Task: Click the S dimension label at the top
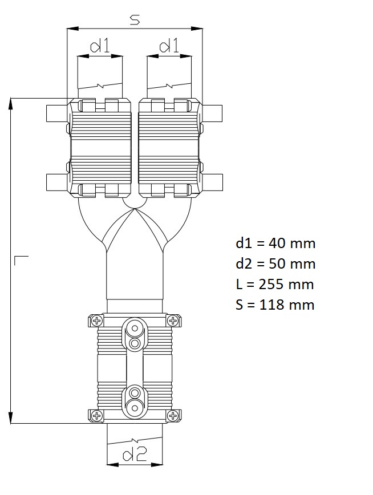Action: [135, 20]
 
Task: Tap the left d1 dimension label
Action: [100, 46]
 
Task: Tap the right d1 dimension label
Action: [169, 46]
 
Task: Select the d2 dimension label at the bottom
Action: [135, 455]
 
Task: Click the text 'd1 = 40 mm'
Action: [275, 244]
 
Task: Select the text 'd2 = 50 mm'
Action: [275, 264]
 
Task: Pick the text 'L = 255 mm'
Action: [274, 285]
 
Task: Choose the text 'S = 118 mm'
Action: [275, 305]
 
